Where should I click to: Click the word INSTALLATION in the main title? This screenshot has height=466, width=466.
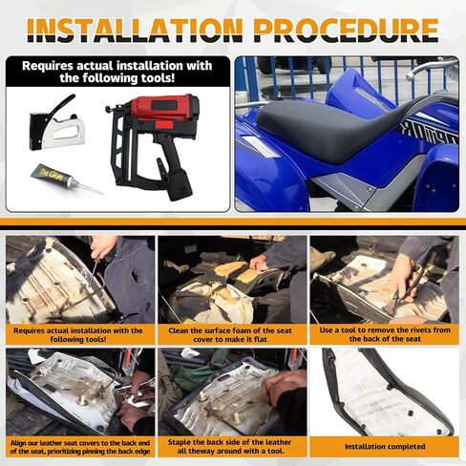tap(136, 31)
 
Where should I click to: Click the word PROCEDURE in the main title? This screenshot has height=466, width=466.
tap(347, 31)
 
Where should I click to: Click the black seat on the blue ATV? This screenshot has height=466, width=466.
tap(334, 131)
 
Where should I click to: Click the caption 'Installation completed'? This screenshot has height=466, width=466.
tap(385, 447)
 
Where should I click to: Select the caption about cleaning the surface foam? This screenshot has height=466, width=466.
tap(230, 335)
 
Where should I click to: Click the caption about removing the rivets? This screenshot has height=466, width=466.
tap(385, 334)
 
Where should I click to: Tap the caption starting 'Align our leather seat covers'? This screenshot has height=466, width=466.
tap(80, 447)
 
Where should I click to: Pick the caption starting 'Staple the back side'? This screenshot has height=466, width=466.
tap(229, 447)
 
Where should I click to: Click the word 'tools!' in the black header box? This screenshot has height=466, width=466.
tap(158, 78)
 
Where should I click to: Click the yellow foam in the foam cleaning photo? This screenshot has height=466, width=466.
tap(236, 270)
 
